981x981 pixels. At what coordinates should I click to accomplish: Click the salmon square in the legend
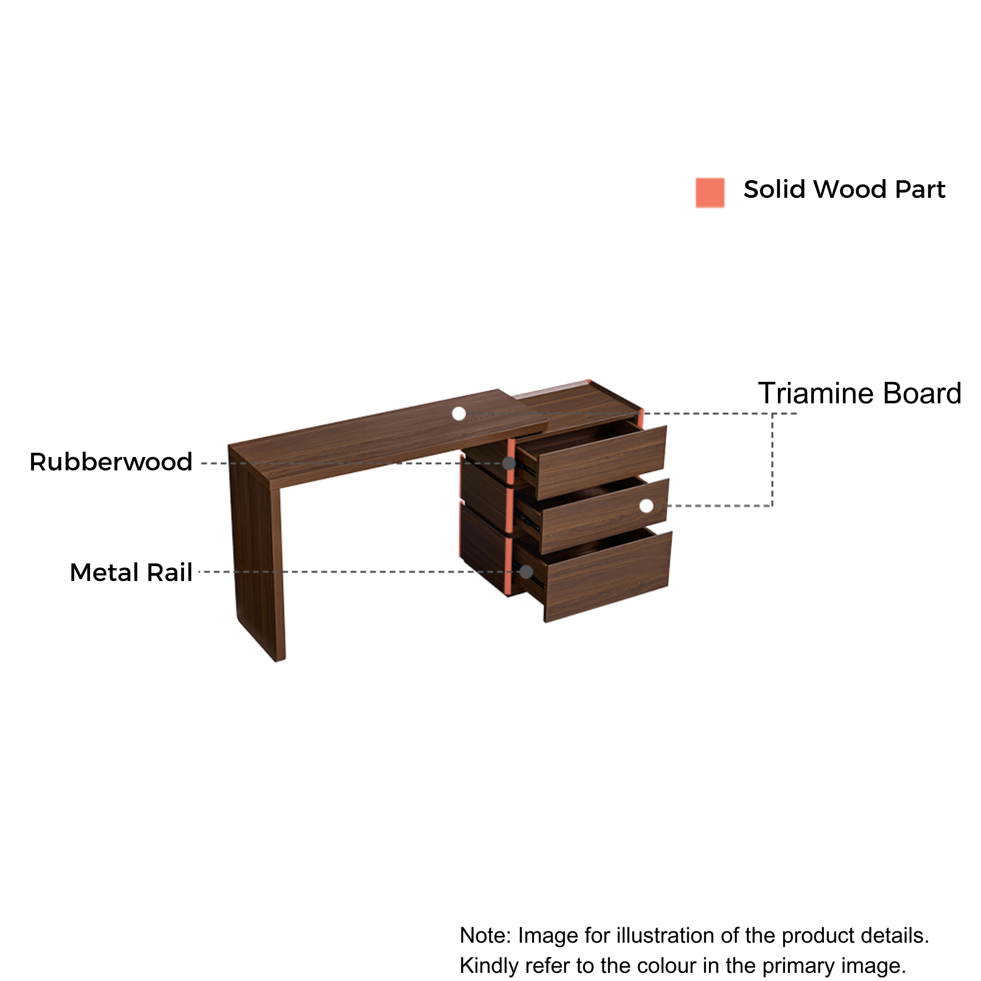coord(710,193)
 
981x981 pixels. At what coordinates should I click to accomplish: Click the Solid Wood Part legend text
coord(844,189)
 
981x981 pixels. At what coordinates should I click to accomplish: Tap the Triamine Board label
coord(859,394)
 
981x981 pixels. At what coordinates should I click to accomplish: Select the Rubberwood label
coord(111,462)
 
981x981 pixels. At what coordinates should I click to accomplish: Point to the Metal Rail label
coord(131,572)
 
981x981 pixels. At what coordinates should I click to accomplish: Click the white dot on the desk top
coord(459,414)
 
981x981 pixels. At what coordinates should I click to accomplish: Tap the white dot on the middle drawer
coord(646,506)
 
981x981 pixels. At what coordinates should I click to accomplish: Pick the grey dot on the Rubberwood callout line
coord(509,463)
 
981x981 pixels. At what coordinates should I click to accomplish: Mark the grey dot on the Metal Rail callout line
coord(526,572)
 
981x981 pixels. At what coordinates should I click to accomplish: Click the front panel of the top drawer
coord(602,463)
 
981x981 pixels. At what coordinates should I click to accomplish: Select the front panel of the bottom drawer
coord(608,576)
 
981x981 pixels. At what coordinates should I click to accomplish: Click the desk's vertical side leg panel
coord(257,553)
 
